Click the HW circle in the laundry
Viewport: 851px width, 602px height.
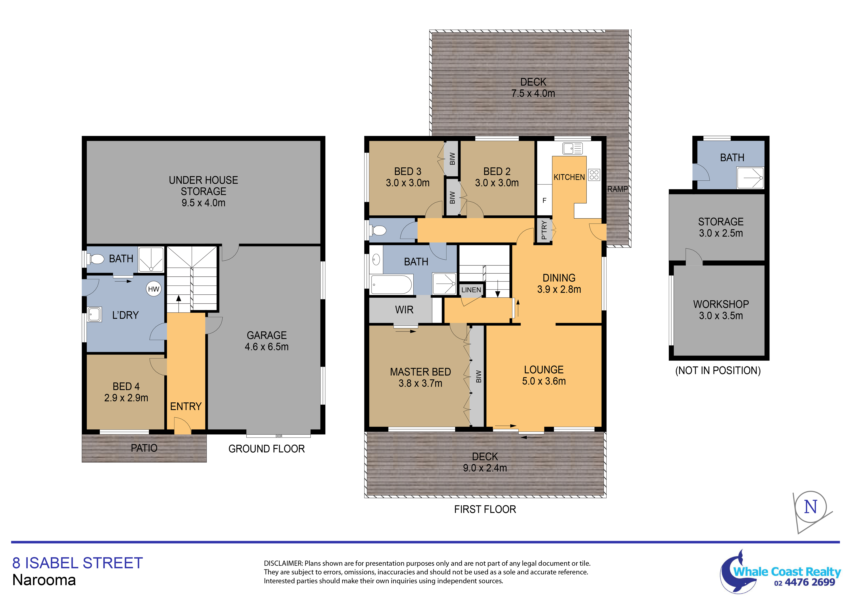click(x=154, y=289)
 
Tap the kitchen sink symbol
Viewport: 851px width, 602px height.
click(x=572, y=148)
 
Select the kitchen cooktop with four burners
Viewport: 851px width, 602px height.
click(x=594, y=175)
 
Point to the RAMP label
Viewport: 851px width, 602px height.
click(x=617, y=189)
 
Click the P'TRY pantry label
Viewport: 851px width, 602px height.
click(x=544, y=230)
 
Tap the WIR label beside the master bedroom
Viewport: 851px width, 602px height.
click(x=404, y=310)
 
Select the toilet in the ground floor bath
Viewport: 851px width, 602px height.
click(x=95, y=259)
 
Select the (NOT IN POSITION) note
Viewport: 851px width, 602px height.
click(x=718, y=371)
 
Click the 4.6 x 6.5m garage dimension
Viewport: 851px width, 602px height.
click(x=267, y=347)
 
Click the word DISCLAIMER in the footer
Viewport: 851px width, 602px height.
click(x=283, y=563)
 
